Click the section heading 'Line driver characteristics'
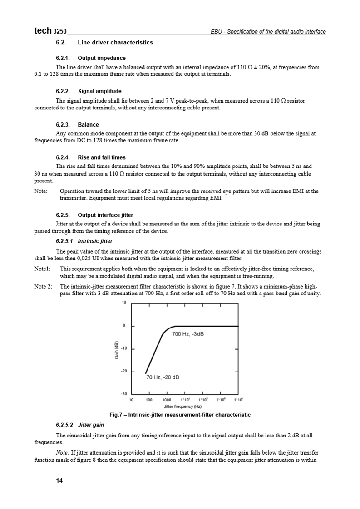[115, 43]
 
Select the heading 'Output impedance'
[102, 58]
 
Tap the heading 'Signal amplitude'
[99, 91]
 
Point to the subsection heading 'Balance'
[88, 125]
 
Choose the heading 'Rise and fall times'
[102, 158]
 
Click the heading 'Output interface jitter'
[105, 215]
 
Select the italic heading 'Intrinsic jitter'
[95, 241]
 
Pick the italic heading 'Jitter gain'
[91, 425]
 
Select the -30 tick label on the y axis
[123, 393]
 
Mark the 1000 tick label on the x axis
[167, 400]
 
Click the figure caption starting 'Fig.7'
[180, 415]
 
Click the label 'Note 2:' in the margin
[43, 287]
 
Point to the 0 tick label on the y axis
[124, 326]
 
